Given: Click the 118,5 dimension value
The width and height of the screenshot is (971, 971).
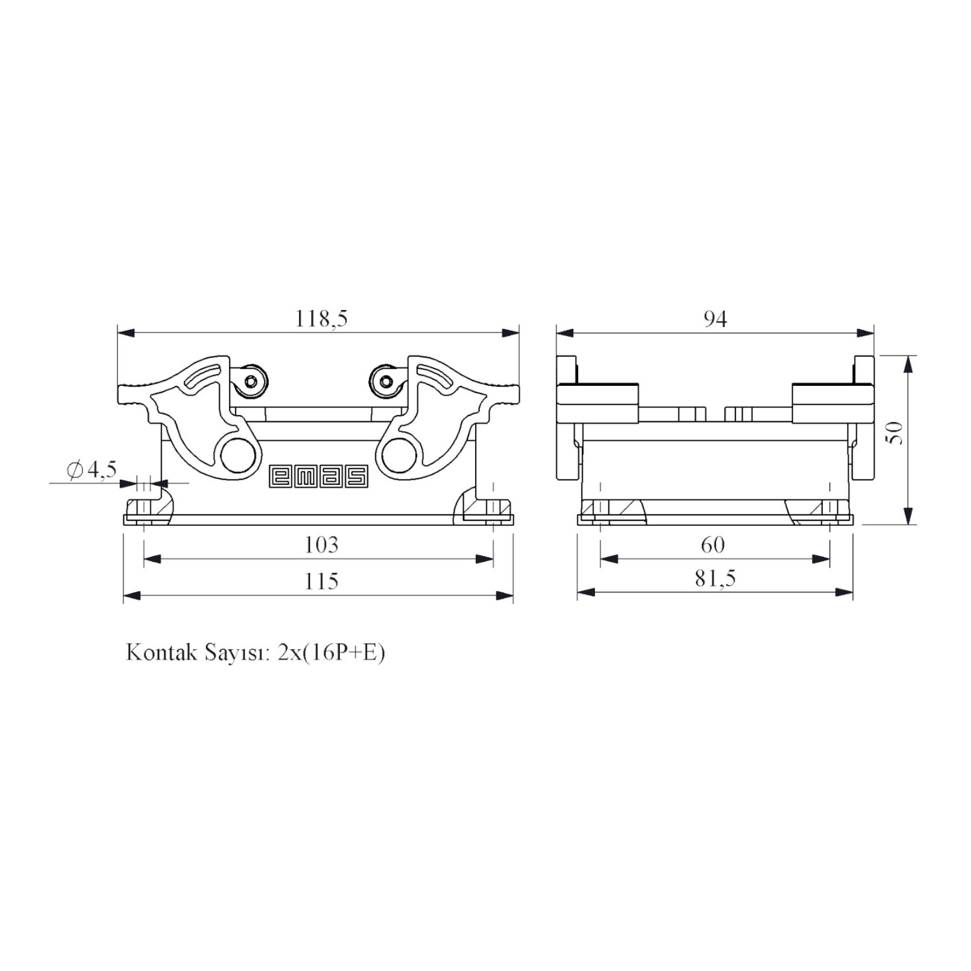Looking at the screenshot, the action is (x=322, y=318).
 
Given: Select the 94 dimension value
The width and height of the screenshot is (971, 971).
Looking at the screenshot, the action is (x=715, y=318).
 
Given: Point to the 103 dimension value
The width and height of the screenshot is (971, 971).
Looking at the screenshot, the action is (x=321, y=545).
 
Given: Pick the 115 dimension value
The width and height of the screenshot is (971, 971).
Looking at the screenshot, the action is (x=322, y=581).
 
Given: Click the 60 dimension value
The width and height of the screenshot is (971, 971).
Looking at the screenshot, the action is (x=713, y=545).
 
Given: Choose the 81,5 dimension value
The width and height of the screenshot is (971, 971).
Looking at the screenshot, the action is (x=715, y=578).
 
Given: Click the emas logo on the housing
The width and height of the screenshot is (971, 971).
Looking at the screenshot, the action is (x=318, y=476).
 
